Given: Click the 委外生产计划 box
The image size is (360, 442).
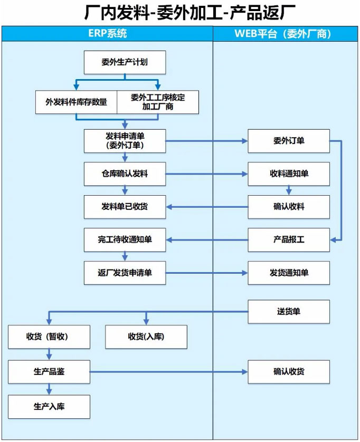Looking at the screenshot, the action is pos(125,62).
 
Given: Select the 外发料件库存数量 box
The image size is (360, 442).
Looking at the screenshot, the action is pos(76,102).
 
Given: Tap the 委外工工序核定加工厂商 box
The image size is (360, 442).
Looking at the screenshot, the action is pos(158,102).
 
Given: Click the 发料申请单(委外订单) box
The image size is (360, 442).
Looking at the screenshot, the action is pos(125,141).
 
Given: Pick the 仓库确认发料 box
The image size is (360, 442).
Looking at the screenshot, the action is pos(125,174).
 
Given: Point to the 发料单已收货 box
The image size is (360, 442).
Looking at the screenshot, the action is pos(125,207).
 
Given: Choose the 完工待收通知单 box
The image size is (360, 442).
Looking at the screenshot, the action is pos(125,240).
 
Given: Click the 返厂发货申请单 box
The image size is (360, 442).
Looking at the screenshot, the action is pos(125,273).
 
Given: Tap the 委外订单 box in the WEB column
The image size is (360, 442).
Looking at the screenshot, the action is pos(289,141).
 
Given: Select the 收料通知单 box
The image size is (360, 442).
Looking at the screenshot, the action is pos(289,174).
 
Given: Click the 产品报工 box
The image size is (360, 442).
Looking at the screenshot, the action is pos(289,240).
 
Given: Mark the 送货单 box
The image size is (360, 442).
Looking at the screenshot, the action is pos(289,312).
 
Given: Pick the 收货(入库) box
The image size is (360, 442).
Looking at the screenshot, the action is pos(146,337).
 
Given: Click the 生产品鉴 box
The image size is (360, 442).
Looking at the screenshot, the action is pos(49,372).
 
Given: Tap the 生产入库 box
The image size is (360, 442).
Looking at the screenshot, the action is pos(49,407).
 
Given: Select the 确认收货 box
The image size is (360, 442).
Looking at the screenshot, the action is pos(289,372).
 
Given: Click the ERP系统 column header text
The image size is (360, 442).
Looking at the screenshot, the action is pos(108,34).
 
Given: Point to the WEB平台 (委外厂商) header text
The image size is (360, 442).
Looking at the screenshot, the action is pos(282,34).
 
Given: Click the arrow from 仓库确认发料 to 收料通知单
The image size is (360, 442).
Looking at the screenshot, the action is pos(207,174).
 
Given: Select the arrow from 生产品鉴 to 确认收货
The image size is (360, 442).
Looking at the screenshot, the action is pos(169,372).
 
